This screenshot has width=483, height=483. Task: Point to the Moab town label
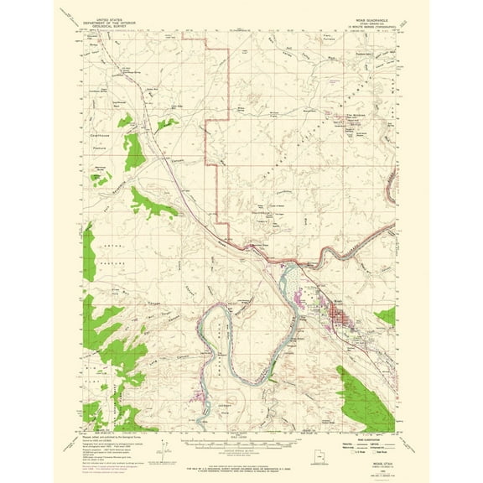335,294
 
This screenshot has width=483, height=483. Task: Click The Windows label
358,114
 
